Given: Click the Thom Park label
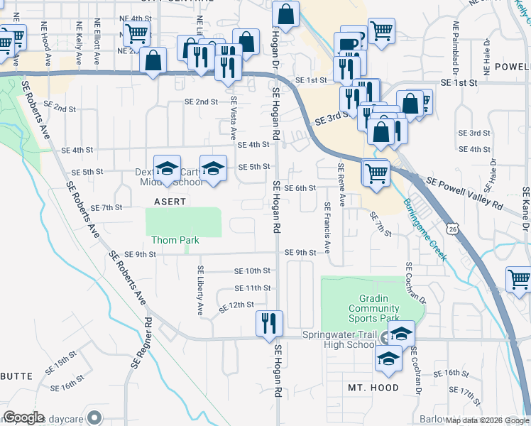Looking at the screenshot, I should point(174,241).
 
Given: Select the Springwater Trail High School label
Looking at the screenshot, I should point(338,340).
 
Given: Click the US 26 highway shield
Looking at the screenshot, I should point(451,228).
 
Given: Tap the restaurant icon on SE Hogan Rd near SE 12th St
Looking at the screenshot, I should point(269,324).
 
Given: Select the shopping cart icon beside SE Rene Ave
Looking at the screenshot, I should point(376,173).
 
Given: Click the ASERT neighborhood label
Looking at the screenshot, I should point(170,202).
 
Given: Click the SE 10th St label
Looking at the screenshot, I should point(253,271).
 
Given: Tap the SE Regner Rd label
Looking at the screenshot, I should point(141,342).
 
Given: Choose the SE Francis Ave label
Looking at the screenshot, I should point(327,227).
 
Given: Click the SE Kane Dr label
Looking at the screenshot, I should point(525,209).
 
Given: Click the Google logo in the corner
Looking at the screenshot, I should point(23,417).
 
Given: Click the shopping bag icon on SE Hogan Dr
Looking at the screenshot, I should point(285,16).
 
